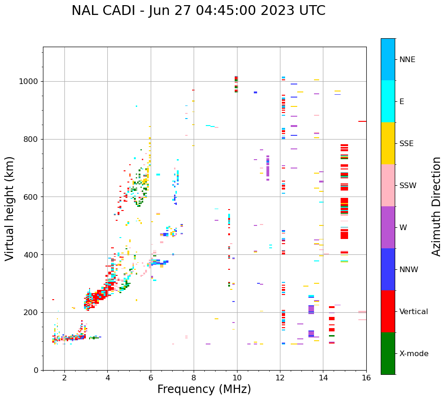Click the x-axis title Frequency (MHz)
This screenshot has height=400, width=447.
(x=204, y=389)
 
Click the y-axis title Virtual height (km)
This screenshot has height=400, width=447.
(x=10, y=209)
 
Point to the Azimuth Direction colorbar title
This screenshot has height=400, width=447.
(x=436, y=206)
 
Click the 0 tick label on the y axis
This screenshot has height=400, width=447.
(x=36, y=370)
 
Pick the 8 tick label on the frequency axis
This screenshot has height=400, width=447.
(x=194, y=378)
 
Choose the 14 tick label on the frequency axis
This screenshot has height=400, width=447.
(x=323, y=378)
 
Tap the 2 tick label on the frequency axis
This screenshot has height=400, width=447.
(x=64, y=378)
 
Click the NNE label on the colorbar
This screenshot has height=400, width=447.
(x=407, y=60)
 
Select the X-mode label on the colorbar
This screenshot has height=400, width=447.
(x=414, y=354)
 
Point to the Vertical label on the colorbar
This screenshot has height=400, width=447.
(x=413, y=312)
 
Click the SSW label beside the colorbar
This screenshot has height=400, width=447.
(x=408, y=186)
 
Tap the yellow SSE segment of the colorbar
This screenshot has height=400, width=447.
(x=388, y=143)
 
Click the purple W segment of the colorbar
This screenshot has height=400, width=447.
(x=388, y=227)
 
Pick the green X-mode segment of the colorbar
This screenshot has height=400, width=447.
(x=388, y=353)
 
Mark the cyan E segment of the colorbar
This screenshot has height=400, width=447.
(x=388, y=101)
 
